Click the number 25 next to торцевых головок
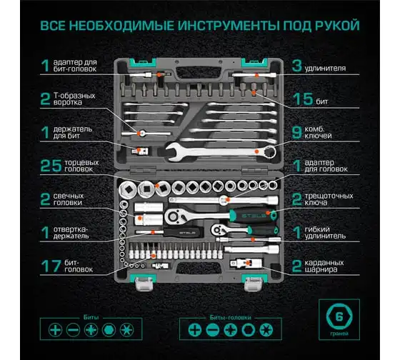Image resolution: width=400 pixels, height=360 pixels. click(x=51, y=166)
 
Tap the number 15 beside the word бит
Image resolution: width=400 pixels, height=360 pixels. click(x=303, y=99)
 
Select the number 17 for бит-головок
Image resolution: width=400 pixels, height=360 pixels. click(x=51, y=266)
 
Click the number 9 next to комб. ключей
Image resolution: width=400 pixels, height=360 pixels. click(x=296, y=133)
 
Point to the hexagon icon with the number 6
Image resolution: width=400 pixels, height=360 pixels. click(x=339, y=316)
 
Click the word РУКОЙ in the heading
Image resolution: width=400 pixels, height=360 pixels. click(x=337, y=26)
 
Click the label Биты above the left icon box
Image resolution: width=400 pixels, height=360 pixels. click(x=91, y=317)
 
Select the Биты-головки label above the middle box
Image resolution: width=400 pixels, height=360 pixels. click(x=230, y=317)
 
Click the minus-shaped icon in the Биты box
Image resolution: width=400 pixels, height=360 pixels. click(x=73, y=330)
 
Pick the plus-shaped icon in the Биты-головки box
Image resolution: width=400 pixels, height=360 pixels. click(x=194, y=330)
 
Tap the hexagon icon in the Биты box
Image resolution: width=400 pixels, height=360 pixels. click(x=109, y=330)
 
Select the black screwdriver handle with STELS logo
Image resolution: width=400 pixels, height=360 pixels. click(x=184, y=232)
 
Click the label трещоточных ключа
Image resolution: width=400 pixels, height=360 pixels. click(x=329, y=199)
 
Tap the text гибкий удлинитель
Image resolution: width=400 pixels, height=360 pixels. click(x=325, y=233)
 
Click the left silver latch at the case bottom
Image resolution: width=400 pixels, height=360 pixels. click(x=144, y=284)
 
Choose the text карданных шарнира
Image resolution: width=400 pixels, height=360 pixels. click(x=324, y=266)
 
